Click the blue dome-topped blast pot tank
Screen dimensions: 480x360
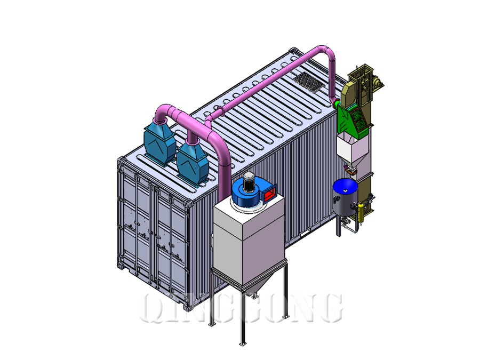tap(345, 196)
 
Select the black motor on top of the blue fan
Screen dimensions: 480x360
tap(249, 181)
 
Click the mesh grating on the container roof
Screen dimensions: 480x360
tap(308, 82)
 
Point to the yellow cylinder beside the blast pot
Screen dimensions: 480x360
tap(361, 212)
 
